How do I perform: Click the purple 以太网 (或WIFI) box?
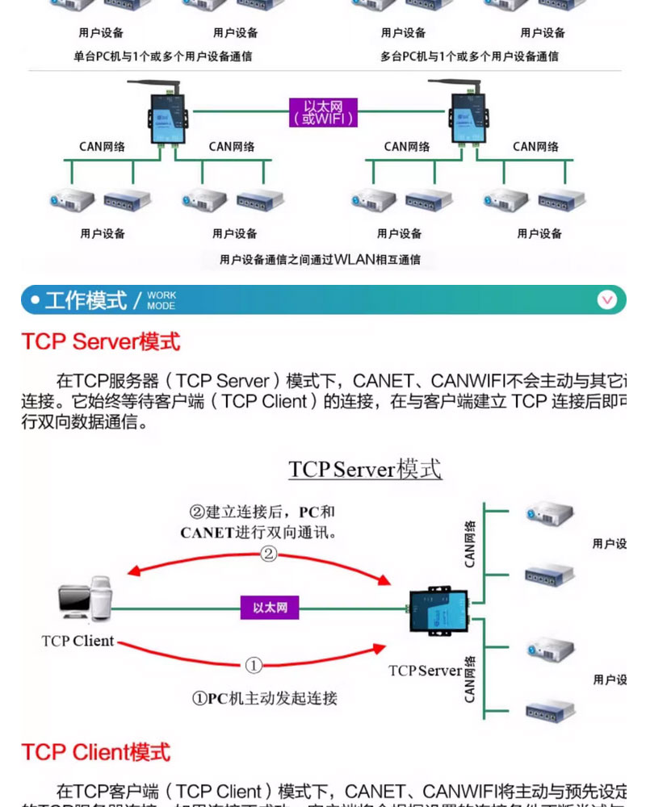[x=323, y=112]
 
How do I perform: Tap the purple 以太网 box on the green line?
[x=270, y=608]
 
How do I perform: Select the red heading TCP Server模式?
[x=101, y=341]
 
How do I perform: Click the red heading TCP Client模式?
[x=96, y=752]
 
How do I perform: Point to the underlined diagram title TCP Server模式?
[x=365, y=469]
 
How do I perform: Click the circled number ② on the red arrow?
[x=268, y=554]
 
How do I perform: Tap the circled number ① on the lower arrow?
[x=254, y=666]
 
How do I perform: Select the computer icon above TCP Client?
[x=84, y=600]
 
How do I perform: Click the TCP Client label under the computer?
[x=78, y=642]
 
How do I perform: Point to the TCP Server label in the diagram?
[x=425, y=671]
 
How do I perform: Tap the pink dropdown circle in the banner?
[x=607, y=300]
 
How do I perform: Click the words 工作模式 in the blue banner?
[x=86, y=301]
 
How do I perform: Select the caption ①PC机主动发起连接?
[x=264, y=698]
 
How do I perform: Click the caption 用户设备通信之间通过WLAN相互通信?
[x=320, y=260]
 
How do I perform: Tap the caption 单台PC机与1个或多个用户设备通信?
[x=162, y=56]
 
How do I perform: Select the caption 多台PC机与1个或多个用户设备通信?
[x=469, y=56]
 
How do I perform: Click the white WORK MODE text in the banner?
[x=161, y=301]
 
